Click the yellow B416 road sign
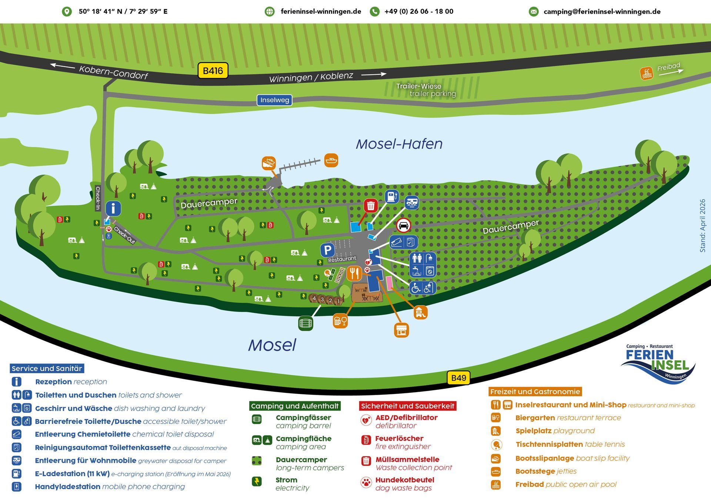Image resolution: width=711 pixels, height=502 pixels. coord(213,71)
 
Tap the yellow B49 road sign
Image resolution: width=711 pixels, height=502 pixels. coord(458,378)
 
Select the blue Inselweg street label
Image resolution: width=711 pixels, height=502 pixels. coord(274,100)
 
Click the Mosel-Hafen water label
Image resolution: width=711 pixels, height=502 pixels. coord(399,144)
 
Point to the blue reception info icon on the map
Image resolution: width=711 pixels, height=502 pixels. coord(113,208)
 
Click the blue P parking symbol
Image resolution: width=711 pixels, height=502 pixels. coord(327,250)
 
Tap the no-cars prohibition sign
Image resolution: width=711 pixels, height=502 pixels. coord(403,225)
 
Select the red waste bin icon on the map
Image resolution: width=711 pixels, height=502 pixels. coord(371,206)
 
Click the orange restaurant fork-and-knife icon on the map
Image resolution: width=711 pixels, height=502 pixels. coord(354,273)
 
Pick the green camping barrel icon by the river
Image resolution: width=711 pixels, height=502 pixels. coord(306,323)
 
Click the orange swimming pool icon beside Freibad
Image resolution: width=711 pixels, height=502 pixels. coord(647,73)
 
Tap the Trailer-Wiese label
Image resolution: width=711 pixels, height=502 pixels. coord(418,86)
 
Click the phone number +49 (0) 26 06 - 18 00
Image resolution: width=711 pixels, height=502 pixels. coord(419,11)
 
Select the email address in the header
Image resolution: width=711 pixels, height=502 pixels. coord(602,11)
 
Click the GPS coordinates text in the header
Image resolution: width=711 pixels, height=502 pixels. coord(123,11)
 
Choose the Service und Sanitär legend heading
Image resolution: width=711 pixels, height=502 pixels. coord(47,368)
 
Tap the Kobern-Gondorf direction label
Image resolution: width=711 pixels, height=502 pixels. coord(113,72)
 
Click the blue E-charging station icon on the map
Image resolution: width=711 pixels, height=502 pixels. coord(391,196)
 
